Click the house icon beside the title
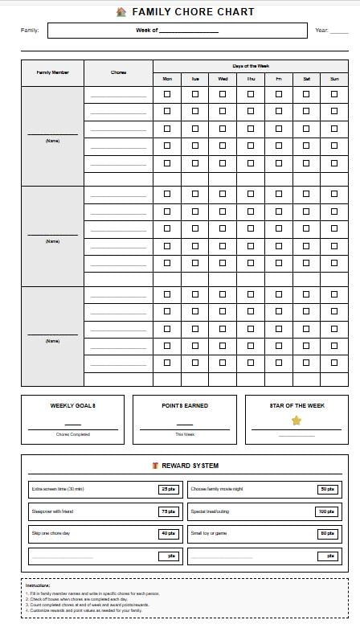click(121, 12)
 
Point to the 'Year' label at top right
click(321, 31)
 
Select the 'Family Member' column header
click(53, 72)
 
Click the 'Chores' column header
click(118, 72)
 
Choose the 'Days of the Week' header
click(251, 66)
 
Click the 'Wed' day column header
click(223, 79)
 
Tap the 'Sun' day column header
click(334, 79)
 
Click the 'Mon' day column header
click(167, 79)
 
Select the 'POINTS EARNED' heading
click(185, 406)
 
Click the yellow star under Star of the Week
click(297, 421)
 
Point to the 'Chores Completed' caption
click(73, 435)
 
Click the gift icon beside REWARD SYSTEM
click(155, 466)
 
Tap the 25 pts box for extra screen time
click(168, 489)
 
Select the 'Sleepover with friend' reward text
click(52, 511)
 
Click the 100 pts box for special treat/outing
click(326, 511)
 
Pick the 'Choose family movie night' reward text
click(217, 489)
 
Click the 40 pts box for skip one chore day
click(168, 534)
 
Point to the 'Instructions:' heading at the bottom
click(38, 585)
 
